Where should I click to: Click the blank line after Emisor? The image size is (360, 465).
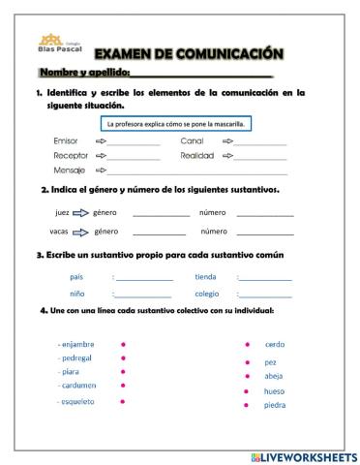pos(135,142)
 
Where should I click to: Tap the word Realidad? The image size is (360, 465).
pos(198,155)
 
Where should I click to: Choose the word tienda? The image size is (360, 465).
pos(205,276)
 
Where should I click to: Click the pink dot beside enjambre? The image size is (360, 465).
pos(123,344)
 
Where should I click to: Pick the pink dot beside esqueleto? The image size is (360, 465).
pos(123,401)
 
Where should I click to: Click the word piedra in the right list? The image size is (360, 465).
pos(275,405)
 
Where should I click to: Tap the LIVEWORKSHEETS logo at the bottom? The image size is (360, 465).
pos(303,455)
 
